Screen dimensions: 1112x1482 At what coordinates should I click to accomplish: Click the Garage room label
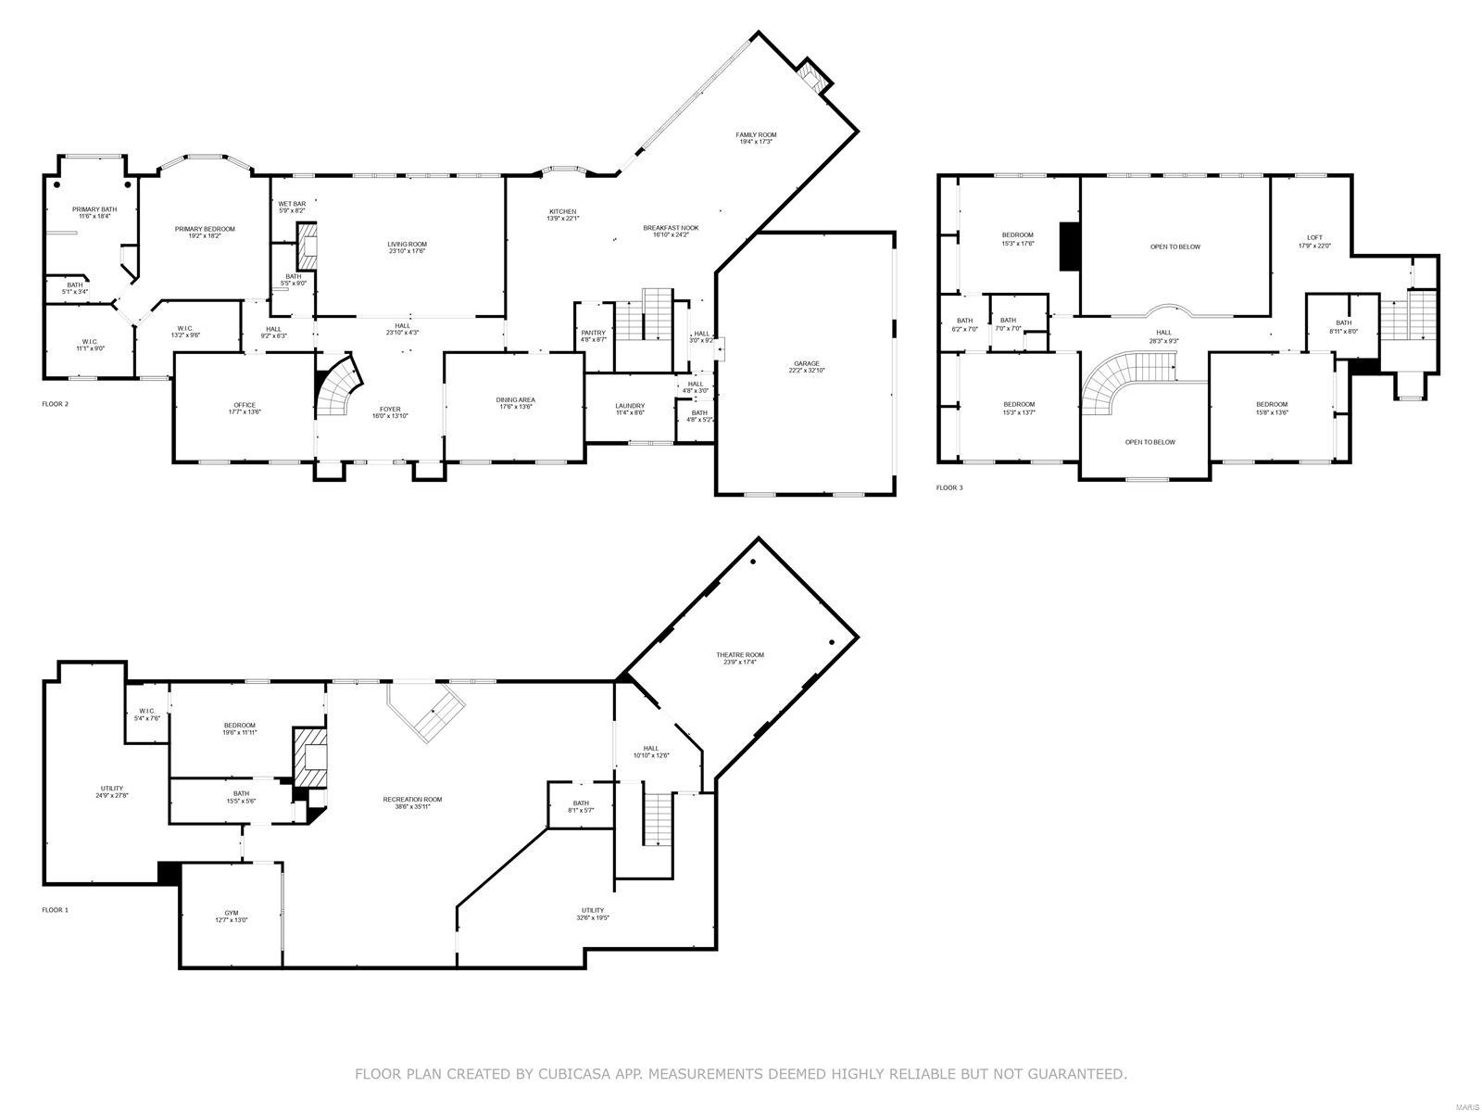pos(806,366)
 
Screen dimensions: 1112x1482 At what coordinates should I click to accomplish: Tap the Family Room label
pos(756,138)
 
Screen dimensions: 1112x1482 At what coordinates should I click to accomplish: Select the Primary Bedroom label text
pos(205,233)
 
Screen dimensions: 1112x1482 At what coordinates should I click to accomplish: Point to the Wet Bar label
pos(292,207)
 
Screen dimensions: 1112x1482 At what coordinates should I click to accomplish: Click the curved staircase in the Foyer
pos(339,388)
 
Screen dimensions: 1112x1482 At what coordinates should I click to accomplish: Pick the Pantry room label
pos(593,335)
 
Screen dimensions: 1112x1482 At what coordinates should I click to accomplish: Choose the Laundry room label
pos(630,409)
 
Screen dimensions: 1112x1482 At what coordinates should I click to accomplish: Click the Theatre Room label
pos(739,658)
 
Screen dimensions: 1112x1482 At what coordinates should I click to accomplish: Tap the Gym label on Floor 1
pos(232,916)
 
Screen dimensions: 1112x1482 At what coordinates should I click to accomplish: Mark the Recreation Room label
pos(412,802)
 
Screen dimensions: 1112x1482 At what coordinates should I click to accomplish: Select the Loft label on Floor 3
pos(1314,241)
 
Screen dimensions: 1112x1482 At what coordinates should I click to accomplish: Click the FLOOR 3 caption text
pos(949,487)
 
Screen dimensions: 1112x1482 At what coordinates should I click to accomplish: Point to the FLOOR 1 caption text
pos(55,910)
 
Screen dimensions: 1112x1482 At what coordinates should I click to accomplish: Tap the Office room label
pos(245,409)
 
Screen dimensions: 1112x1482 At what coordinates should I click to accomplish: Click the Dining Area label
pos(515,403)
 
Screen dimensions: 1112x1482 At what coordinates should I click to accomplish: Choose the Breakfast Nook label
pos(671,230)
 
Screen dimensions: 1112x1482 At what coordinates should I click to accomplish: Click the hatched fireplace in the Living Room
pos(307,245)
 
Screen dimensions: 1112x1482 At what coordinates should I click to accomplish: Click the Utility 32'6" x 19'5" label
pos(593,914)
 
